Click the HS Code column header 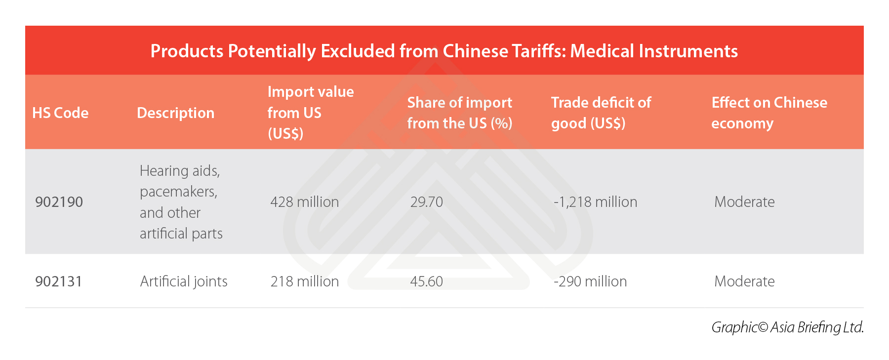(60, 113)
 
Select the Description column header (175, 113)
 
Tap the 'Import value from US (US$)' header (310, 113)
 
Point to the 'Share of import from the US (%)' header (459, 113)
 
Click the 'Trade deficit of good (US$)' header (601, 113)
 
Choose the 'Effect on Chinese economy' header (768, 113)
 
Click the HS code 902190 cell (59, 202)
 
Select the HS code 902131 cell (58, 281)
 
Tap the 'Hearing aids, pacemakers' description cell (181, 202)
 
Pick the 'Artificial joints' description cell (184, 281)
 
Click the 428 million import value (304, 202)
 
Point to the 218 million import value (304, 281)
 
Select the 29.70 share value (426, 202)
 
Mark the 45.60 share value (426, 281)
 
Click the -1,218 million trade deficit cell (595, 202)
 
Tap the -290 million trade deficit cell (590, 281)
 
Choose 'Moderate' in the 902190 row (744, 202)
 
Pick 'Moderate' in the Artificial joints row (744, 281)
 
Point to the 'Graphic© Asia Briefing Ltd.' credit (787, 327)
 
